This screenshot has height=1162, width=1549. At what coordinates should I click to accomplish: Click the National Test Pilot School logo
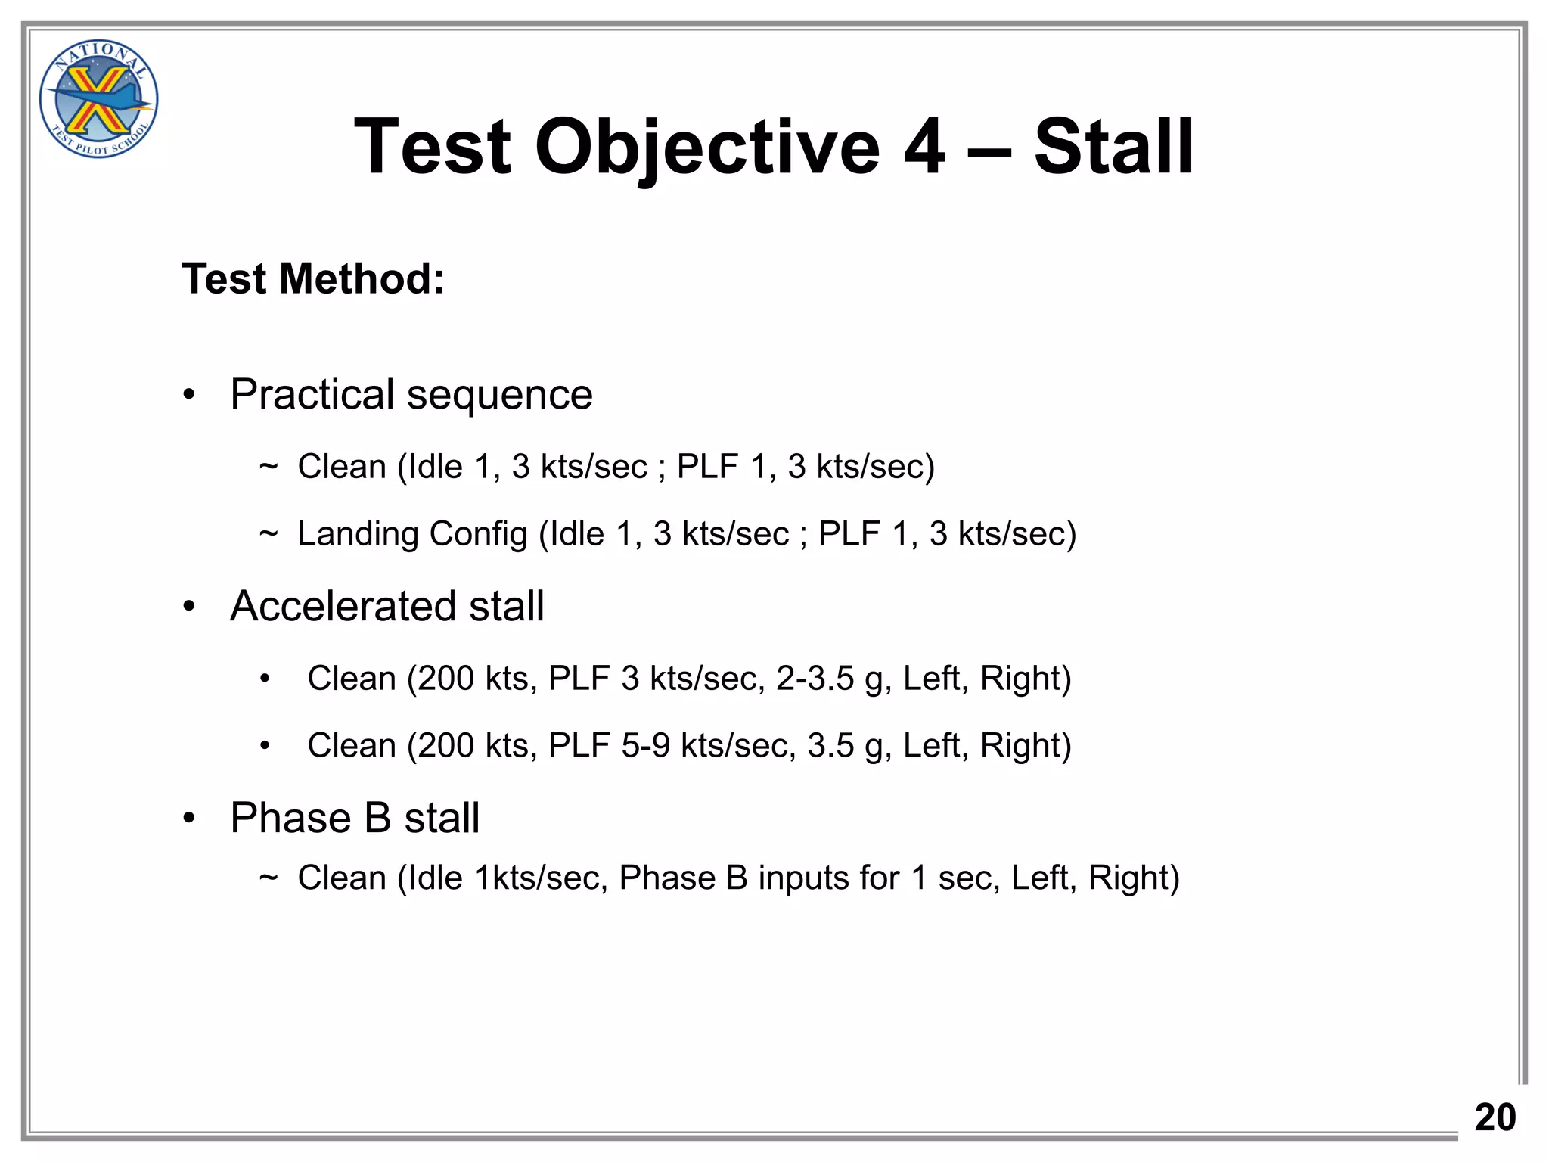tap(98, 99)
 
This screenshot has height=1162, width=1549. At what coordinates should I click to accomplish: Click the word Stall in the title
tap(1113, 148)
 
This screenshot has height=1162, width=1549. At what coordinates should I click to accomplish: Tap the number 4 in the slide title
tap(924, 148)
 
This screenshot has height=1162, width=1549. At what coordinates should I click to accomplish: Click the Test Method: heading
tap(313, 278)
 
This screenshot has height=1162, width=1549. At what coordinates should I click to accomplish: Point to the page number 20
tap(1495, 1117)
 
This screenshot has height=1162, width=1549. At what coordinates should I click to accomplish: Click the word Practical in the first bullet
tap(312, 395)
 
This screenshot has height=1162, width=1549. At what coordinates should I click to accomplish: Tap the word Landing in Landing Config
tap(358, 534)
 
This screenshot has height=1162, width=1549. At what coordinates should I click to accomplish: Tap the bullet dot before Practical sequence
tap(189, 395)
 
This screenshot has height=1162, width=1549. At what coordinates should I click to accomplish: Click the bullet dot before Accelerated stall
tap(189, 607)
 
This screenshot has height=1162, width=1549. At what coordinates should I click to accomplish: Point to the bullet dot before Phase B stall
tap(189, 819)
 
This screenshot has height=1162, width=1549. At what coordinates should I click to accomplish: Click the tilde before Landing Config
tap(269, 534)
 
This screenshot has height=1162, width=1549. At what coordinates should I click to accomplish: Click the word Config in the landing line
tap(478, 534)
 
